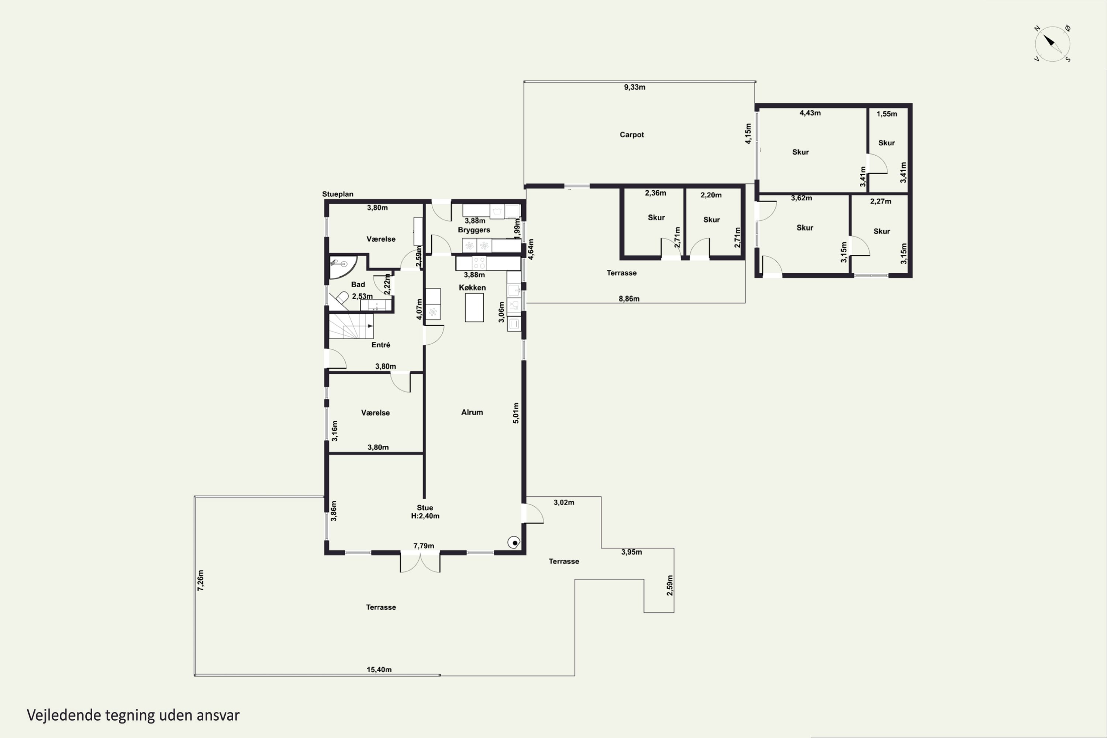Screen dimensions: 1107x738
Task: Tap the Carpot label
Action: coord(632,135)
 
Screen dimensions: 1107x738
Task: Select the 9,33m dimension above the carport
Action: coord(634,87)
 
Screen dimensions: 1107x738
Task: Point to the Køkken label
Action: coord(472,287)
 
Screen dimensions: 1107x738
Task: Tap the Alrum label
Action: coord(472,412)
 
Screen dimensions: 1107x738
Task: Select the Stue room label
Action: coord(425,508)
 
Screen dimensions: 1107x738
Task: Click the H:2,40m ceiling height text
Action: coord(425,516)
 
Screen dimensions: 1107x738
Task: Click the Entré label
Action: coord(381,345)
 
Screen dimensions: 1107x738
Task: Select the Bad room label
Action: coord(358,284)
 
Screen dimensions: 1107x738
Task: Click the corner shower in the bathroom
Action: coord(342,267)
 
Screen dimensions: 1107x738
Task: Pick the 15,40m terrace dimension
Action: coord(379,669)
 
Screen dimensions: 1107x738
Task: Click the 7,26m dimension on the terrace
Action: coord(200,580)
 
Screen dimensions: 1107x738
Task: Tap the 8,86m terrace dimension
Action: coord(629,299)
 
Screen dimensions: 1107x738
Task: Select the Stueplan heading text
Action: coord(338,194)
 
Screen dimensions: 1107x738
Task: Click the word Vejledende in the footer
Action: coord(64,715)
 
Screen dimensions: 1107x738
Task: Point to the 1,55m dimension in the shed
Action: coord(887,114)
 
